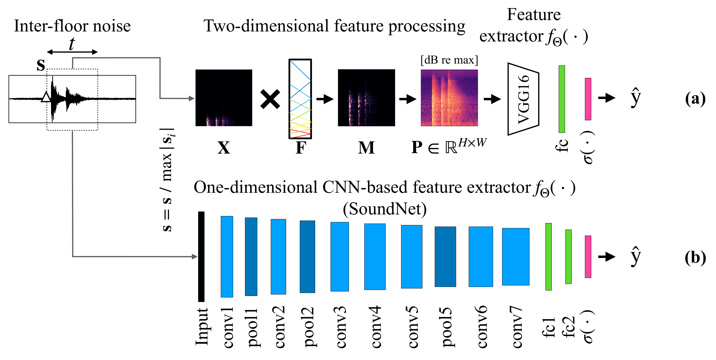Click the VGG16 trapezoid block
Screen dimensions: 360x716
(523, 99)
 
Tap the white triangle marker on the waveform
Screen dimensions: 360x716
(46, 97)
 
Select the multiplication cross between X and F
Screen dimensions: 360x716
(270, 99)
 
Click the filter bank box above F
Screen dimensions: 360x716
(300, 99)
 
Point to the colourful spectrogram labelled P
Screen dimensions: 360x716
(449, 98)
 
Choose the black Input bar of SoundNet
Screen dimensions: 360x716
(201, 256)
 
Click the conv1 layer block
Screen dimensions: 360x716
(227, 256)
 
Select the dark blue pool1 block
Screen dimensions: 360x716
(251, 256)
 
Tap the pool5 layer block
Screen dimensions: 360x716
(445, 256)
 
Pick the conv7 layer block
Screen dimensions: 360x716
(515, 256)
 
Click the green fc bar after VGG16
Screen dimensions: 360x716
(561, 99)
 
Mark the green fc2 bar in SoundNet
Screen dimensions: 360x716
(568, 256)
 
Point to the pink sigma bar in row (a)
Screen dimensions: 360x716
(588, 99)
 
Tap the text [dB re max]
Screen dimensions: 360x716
(449, 60)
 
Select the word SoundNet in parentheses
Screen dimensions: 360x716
(385, 209)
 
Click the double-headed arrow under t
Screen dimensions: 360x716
(72, 52)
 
